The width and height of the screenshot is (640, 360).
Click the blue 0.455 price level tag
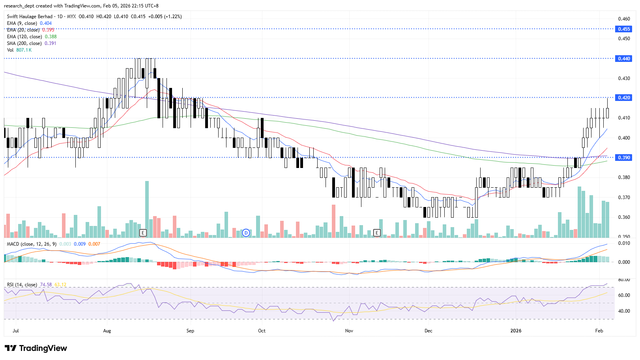623,29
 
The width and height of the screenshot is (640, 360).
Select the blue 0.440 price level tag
623,58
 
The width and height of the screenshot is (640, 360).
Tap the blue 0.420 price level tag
623,97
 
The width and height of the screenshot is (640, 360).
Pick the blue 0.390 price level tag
623,157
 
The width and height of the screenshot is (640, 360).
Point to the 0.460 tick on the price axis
624,19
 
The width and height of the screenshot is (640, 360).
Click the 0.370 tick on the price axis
624,197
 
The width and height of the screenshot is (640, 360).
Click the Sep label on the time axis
190,330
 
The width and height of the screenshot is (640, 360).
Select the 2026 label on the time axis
516,330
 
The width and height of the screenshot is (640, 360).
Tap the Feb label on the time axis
599,330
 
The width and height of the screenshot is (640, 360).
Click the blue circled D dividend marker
246,233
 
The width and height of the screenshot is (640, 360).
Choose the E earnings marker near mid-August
143,233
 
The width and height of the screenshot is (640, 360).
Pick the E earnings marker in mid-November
377,233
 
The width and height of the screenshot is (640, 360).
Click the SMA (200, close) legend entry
24,43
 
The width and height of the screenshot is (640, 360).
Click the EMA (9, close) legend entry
22,23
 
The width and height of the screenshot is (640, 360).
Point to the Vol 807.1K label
19,50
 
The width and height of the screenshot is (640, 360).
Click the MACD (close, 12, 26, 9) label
32,244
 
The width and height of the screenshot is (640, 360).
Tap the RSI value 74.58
46,285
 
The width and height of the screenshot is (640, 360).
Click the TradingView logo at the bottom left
36,348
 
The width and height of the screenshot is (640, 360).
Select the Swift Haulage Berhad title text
30,17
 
